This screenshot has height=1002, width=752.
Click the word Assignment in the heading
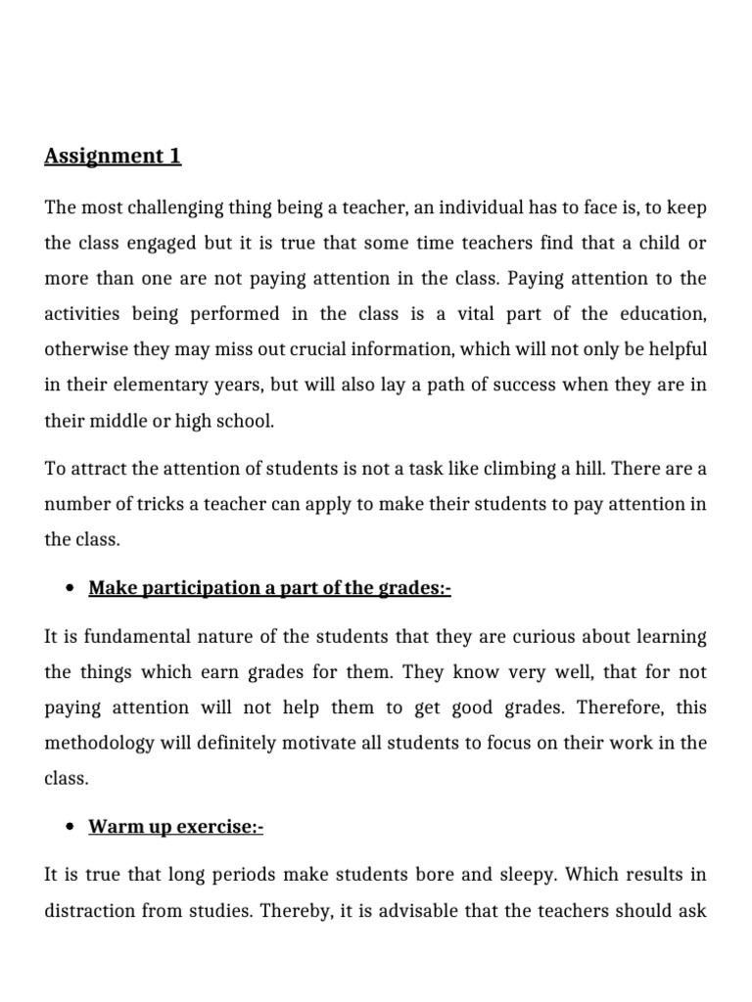[101, 156]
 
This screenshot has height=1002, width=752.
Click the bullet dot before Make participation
[70, 588]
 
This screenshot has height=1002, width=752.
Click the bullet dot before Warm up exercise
[70, 828]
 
